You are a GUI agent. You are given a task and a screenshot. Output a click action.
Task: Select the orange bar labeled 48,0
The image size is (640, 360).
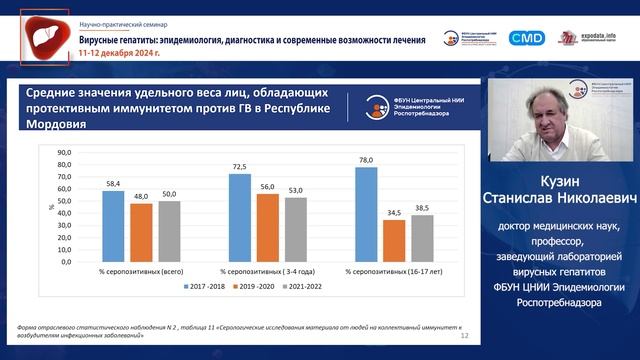click(140, 233)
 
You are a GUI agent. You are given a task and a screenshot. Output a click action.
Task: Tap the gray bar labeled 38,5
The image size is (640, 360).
click(422, 239)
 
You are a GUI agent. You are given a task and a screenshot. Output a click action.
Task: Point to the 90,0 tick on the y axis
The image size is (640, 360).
click(65, 152)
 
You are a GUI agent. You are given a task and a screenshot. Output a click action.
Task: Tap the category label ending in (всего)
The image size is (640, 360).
click(140, 271)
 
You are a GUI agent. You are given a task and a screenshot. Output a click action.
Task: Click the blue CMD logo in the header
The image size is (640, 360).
click(525, 37)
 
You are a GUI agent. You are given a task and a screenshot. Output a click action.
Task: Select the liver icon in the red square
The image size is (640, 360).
click(44, 36)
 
